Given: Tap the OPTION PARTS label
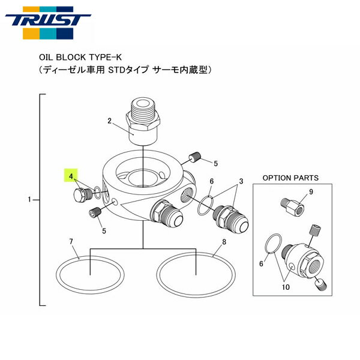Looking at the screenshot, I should (x=290, y=178).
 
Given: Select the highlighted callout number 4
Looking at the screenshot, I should (x=71, y=176).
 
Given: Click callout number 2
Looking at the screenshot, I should (x=110, y=121).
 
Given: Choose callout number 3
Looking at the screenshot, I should (x=242, y=181).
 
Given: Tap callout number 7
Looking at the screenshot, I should (x=71, y=242).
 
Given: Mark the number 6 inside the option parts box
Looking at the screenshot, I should (x=260, y=263).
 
